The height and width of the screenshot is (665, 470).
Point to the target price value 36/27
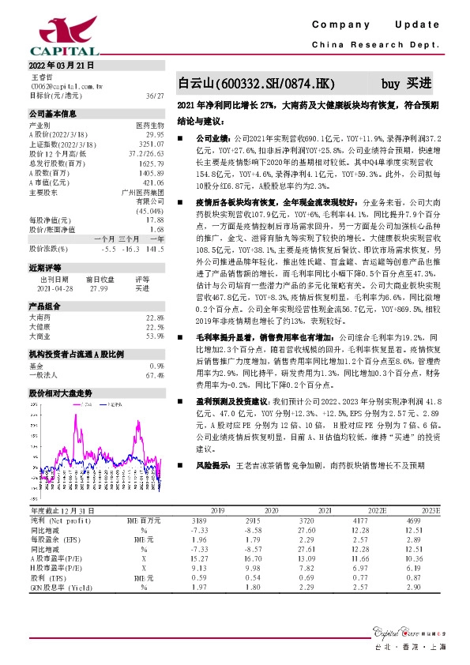[154, 95]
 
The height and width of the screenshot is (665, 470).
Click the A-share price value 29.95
[155, 135]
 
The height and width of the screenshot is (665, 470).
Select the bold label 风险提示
[214, 465]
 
